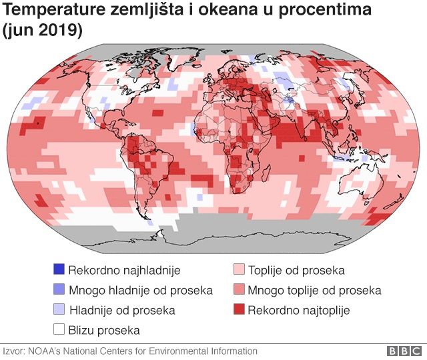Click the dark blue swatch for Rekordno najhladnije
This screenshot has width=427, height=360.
click(x=59, y=270)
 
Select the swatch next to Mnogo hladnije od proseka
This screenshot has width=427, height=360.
click(x=59, y=290)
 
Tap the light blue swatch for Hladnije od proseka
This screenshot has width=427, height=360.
click(x=59, y=310)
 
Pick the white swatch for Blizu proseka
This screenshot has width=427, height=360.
click(x=59, y=329)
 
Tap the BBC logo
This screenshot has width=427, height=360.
click(x=404, y=351)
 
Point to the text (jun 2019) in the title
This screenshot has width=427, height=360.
click(x=43, y=31)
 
